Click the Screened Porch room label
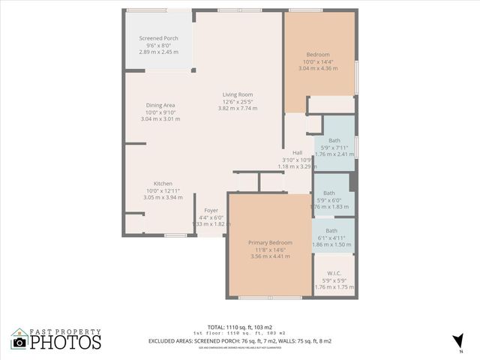click(x=157, y=38)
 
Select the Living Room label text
click(x=237, y=94)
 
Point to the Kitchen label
click(x=163, y=184)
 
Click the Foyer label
click(x=211, y=211)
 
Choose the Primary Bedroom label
click(x=270, y=243)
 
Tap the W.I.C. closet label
click(x=334, y=273)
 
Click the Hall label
click(x=297, y=153)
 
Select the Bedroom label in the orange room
click(x=318, y=55)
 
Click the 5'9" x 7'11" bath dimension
click(x=334, y=147)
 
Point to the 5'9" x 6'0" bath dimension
click(x=331, y=199)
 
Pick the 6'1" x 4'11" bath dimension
click(x=331, y=238)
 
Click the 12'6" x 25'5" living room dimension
click(x=237, y=101)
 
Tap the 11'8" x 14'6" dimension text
click(x=270, y=250)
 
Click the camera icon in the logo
click(x=19, y=342)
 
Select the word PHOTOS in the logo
click(x=67, y=343)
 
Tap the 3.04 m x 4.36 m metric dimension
click(x=318, y=68)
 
